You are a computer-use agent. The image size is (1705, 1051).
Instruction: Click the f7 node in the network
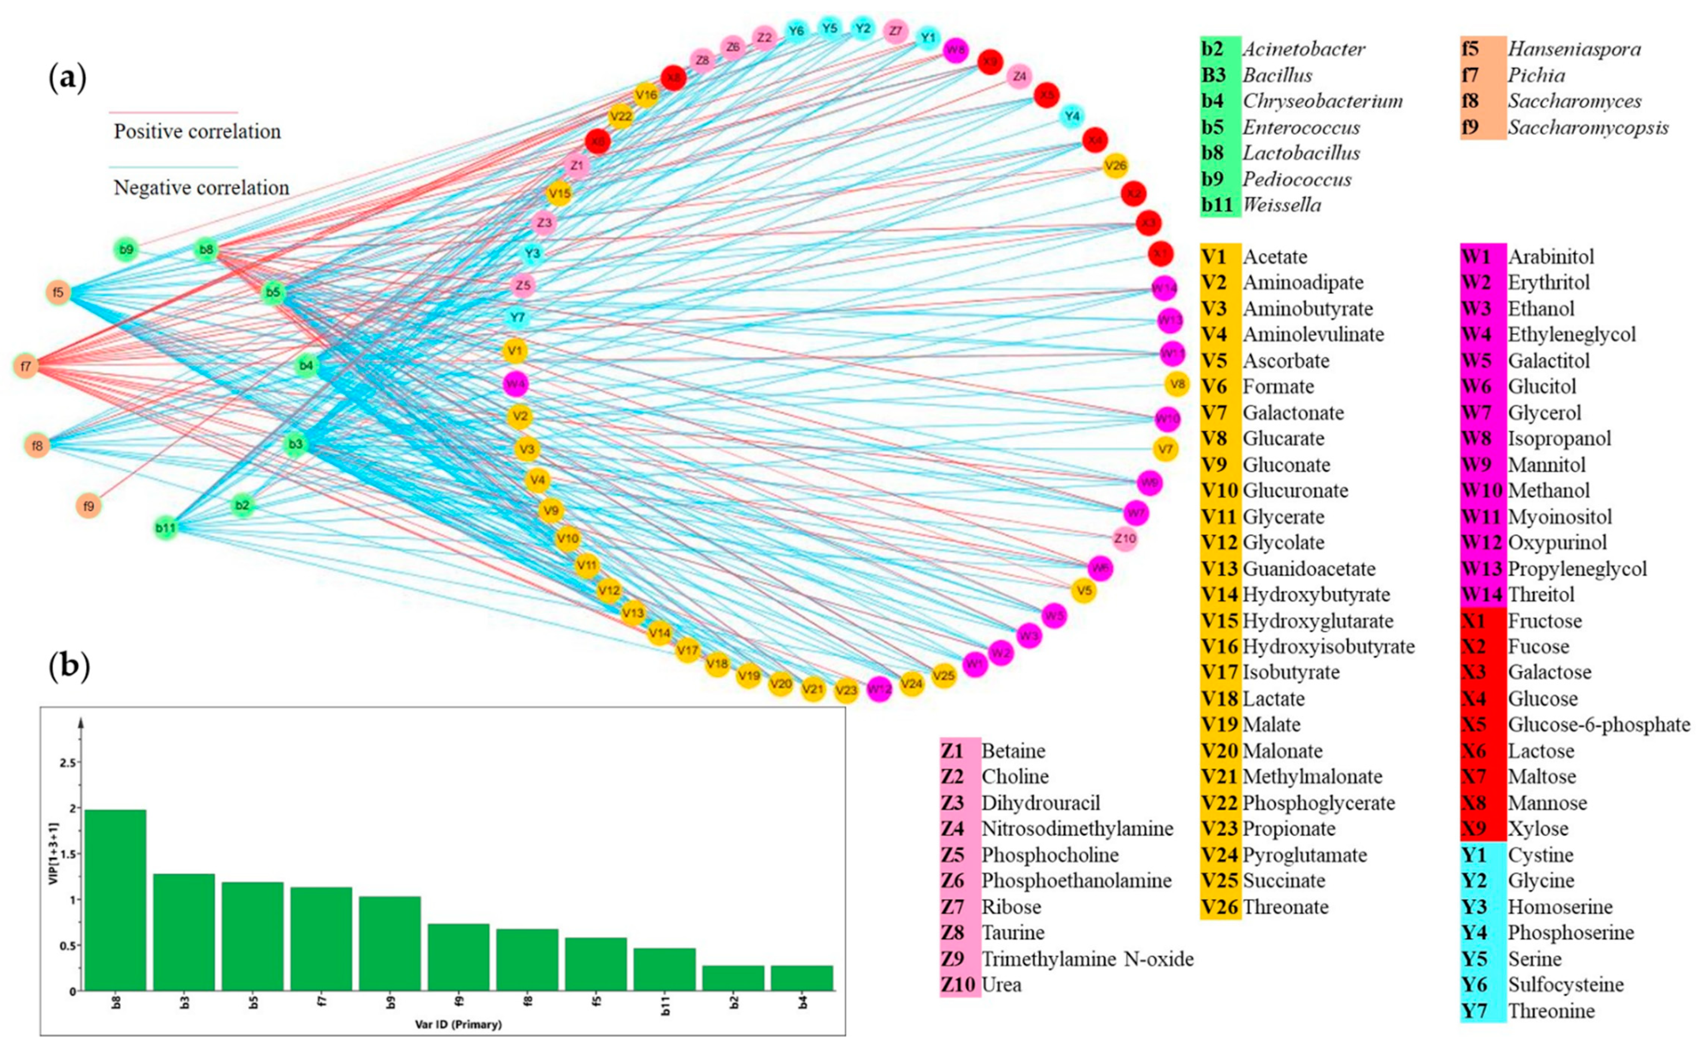26,366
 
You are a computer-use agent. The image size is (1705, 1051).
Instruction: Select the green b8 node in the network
207,249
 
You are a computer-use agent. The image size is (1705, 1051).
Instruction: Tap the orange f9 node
88,506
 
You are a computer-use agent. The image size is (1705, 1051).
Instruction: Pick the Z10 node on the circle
1124,538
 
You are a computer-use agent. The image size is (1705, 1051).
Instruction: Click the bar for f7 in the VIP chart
321,938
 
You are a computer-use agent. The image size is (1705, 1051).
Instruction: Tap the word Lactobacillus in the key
1301,153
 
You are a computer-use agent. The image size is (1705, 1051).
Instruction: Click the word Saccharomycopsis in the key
1587,127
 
